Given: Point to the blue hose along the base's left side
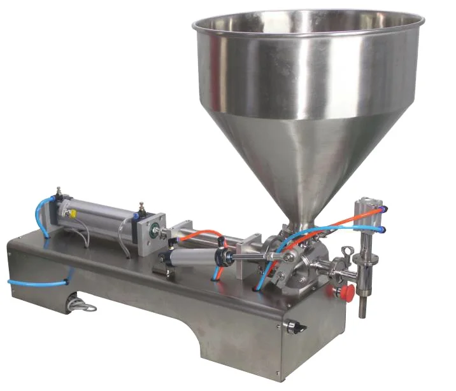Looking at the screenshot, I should [x=38, y=280].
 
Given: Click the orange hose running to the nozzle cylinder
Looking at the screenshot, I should [x=344, y=219].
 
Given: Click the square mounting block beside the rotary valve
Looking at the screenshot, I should [x=248, y=257].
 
